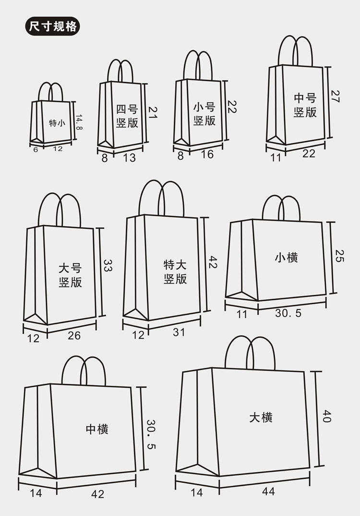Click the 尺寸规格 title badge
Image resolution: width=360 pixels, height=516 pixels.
pos(51,26)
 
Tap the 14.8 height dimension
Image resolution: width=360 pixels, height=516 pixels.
pos(80,122)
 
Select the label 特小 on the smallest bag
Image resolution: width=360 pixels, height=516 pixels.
pos(57,123)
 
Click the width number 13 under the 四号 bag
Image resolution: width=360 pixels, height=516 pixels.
pos(129,157)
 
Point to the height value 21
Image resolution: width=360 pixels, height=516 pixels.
pos(153,112)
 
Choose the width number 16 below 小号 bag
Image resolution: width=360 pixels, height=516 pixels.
pos(207,154)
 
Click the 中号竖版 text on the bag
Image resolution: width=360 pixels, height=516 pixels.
pos(305,105)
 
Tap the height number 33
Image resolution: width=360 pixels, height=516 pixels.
pos(108,266)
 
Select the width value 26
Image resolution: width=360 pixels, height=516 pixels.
pos(74,335)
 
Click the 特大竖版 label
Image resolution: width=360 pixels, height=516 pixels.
pos(175,272)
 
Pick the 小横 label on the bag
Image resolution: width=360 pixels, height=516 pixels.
pos(286,258)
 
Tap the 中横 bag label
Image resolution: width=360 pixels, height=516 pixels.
pos(97,429)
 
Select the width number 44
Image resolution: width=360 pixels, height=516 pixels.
pos(268,491)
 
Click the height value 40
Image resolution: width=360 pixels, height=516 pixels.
pos(326,416)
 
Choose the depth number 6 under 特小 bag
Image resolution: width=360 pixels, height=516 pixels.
pos(36,149)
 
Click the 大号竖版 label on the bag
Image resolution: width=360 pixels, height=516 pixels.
pos(71,275)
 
